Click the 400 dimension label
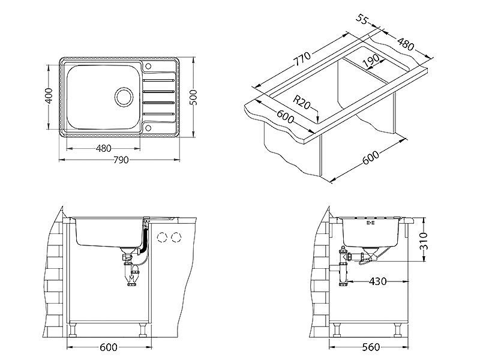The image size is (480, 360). coord(49,95)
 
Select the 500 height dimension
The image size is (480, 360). coord(194,97)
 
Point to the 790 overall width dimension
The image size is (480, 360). coord(121,160)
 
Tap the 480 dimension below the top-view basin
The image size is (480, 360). coord(103,148)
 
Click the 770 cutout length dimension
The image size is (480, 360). coord(302,59)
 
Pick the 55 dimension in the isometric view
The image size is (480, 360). coord(362,19)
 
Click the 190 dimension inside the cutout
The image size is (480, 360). coord(371,61)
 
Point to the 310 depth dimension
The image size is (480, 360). coord(423,241)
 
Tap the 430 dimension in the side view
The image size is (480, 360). coord(377,281)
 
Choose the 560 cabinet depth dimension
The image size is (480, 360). coord(371,347)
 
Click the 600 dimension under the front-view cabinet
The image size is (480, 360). coord(109,347)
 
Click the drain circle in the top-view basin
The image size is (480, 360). coord(124,97)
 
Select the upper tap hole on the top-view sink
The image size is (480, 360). coord(148,66)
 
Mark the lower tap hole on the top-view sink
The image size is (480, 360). coord(148,128)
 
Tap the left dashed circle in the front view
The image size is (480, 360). coord(161,237)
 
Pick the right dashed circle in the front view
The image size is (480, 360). coord(176,237)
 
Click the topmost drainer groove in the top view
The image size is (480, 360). coord(158,80)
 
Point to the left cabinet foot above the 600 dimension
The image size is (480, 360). coord(73,329)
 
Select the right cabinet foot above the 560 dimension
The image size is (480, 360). coord(398,329)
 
